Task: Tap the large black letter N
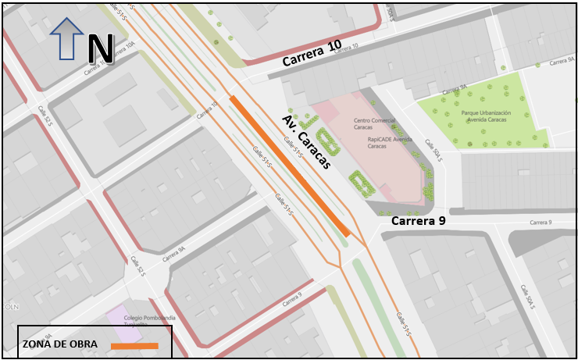(100, 48)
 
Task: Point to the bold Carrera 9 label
(418, 221)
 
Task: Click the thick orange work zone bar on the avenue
(290, 166)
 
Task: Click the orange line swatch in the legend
(134, 345)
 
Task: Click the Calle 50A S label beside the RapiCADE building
(433, 151)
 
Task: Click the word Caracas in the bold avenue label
(312, 149)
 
